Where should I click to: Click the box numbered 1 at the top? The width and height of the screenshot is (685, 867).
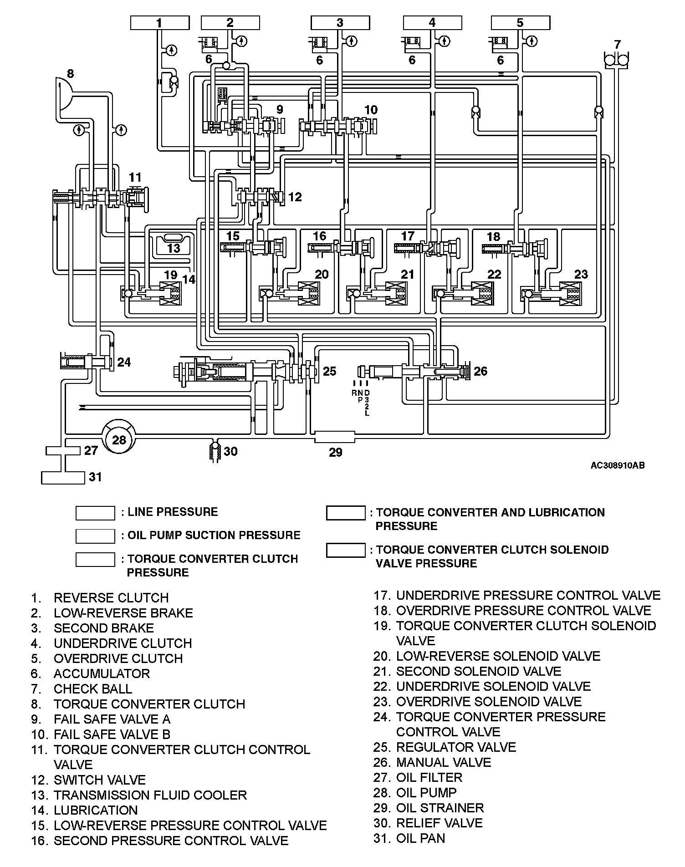click(159, 23)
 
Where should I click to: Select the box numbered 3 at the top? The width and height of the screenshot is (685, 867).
click(340, 23)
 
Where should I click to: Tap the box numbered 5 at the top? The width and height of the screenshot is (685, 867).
click(521, 23)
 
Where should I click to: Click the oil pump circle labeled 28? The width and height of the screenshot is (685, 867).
click(118, 439)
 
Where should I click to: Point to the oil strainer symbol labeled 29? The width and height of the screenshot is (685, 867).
click(335, 438)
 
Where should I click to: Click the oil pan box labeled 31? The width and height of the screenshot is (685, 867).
click(63, 477)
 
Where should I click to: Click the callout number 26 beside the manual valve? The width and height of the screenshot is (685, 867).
click(480, 371)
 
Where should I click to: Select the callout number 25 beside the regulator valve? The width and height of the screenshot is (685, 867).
click(329, 371)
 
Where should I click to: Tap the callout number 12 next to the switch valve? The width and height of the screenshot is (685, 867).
click(295, 197)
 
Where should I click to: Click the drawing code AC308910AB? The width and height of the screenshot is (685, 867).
click(617, 465)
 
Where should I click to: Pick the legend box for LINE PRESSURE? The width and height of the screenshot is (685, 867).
click(95, 513)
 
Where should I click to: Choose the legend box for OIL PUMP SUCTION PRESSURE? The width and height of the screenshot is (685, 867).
click(95, 536)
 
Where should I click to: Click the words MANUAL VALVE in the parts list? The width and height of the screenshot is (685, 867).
click(443, 762)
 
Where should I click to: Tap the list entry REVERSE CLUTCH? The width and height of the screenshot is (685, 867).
click(111, 597)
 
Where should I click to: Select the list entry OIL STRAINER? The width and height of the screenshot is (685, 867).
click(440, 808)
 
